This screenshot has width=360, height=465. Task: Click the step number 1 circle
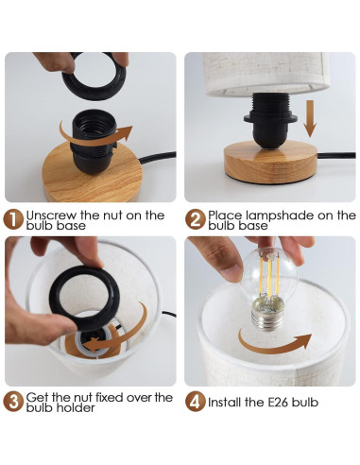point(13,219)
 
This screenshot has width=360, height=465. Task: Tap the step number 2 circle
point(196,219)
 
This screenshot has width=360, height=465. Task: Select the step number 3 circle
point(13,402)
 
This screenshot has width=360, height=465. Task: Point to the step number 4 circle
point(196,402)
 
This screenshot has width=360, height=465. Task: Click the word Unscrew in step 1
point(51,215)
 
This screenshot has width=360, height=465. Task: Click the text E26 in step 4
point(278,403)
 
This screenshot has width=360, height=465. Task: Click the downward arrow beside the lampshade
point(310,118)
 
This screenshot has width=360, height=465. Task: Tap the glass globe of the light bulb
point(268,274)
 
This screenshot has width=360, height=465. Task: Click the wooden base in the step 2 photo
point(270,162)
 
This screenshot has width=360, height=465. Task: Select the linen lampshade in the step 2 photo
point(266,74)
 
